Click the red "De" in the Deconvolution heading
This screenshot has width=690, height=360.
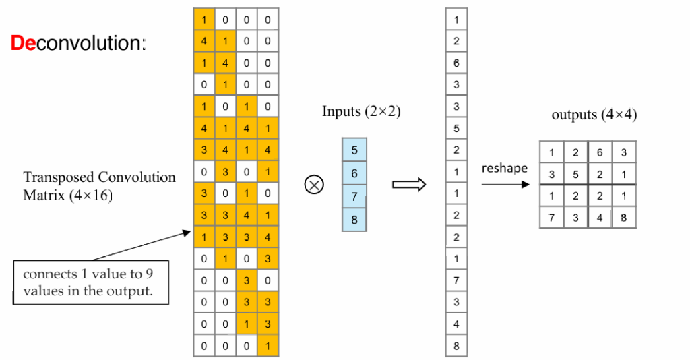pyautogui.click(x=24, y=44)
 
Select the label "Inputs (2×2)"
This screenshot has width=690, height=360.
pyautogui.click(x=361, y=112)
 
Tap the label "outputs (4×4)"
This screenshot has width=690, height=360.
pyautogui.click(x=594, y=115)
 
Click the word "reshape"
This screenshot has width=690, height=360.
pyautogui.click(x=505, y=168)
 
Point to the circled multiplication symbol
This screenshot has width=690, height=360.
pyautogui.click(x=315, y=184)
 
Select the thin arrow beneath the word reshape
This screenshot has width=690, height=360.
pyautogui.click(x=505, y=184)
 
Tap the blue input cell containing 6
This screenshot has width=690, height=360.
pyautogui.click(x=354, y=173)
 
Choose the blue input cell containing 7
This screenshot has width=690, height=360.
pyautogui.click(x=354, y=196)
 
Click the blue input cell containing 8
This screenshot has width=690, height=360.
pyautogui.click(x=354, y=220)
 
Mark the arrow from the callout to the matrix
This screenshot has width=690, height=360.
pyautogui.click(x=142, y=245)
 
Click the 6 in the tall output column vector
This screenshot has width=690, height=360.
pyautogui.click(x=456, y=63)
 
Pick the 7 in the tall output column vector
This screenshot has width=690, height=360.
pyautogui.click(x=456, y=280)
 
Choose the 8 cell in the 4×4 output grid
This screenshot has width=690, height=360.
pyautogui.click(x=624, y=217)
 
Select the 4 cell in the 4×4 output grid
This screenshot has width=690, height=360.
pyautogui.click(x=600, y=217)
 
